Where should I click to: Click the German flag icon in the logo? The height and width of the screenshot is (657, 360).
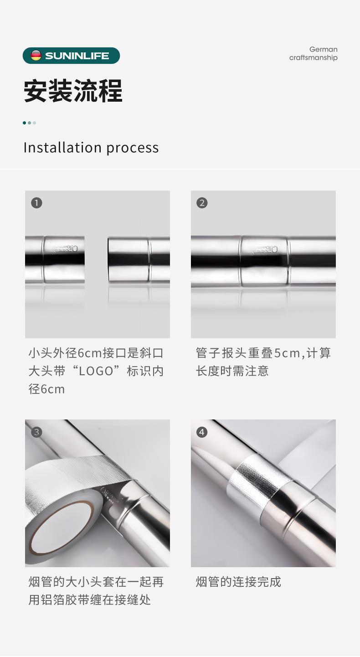(x=36, y=55)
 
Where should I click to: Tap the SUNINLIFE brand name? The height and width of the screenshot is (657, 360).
(x=77, y=56)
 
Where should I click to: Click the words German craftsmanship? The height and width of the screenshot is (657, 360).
(x=313, y=53)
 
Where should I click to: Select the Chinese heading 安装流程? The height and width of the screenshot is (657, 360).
(x=73, y=91)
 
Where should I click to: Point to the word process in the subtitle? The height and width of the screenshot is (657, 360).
(x=133, y=148)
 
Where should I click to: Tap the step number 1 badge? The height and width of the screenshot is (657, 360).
(x=36, y=203)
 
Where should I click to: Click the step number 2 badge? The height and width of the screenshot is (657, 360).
(x=202, y=203)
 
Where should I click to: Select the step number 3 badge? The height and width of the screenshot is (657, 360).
(x=36, y=432)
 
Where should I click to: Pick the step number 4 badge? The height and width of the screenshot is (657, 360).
(x=202, y=432)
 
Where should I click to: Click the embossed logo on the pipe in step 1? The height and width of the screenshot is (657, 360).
(x=65, y=249)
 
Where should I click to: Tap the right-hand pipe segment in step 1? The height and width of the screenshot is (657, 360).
(x=139, y=259)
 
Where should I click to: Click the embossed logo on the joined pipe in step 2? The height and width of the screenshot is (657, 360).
(x=264, y=250)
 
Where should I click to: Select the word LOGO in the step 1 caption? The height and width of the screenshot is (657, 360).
(x=96, y=371)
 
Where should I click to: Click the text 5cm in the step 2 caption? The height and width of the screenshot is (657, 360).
(x=287, y=353)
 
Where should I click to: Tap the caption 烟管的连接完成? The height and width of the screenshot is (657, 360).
(x=238, y=582)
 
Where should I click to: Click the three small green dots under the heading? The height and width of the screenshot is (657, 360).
(x=29, y=123)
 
